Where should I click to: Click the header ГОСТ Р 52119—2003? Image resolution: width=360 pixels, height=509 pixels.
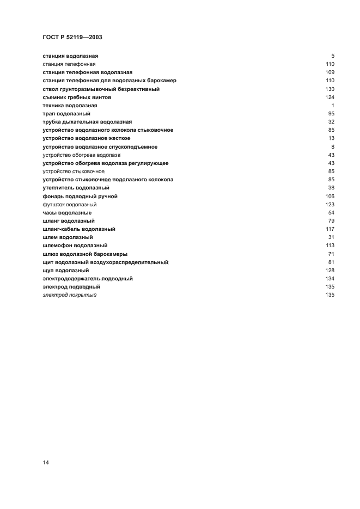[x=72, y=38]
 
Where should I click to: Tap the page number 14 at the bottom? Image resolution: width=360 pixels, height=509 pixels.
[x=46, y=462]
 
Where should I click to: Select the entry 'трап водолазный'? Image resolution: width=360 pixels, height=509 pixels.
[x=66, y=114]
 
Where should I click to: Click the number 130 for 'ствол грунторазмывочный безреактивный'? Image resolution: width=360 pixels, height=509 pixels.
[x=330, y=89]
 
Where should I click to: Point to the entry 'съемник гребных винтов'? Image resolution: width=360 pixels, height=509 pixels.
[x=77, y=97]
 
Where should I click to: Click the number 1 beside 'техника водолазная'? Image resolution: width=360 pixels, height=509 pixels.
[x=332, y=105]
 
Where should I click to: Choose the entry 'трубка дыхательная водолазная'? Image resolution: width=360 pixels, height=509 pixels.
[x=87, y=122]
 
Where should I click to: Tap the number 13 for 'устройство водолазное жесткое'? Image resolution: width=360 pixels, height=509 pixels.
[x=331, y=138]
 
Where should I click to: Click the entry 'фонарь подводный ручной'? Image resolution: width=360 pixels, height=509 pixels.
[x=80, y=196]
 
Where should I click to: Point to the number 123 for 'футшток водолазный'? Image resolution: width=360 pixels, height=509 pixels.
[x=330, y=204]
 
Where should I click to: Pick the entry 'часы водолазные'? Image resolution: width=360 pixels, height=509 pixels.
[x=67, y=212]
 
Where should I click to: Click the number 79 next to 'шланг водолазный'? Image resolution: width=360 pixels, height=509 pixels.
[x=331, y=221]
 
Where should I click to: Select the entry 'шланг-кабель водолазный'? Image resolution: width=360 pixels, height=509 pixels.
[x=78, y=229]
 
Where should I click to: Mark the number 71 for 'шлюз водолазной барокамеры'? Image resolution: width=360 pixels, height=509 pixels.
[x=331, y=254]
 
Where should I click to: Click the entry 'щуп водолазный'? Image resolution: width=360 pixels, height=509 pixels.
[x=66, y=270]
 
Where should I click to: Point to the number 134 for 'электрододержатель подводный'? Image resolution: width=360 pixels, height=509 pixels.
[x=330, y=278]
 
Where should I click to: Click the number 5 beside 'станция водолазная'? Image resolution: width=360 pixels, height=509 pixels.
[x=332, y=56]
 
